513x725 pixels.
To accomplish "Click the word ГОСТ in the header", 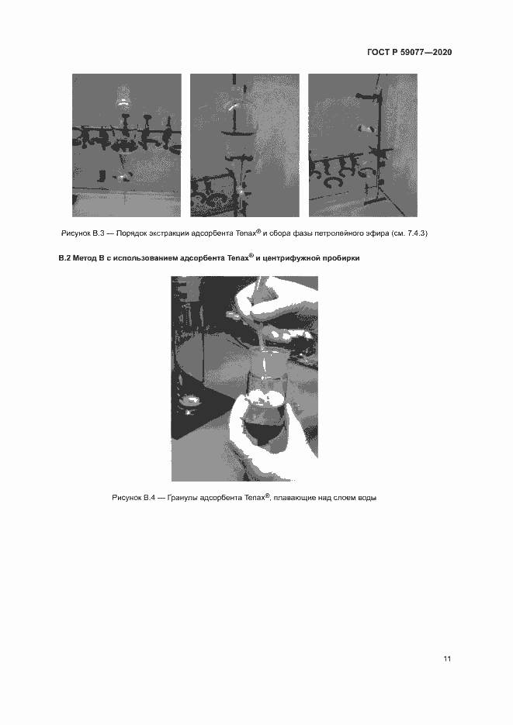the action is [x=379, y=52].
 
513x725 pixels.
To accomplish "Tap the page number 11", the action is [x=447, y=658].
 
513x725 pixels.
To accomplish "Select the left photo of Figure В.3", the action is [x=127, y=145].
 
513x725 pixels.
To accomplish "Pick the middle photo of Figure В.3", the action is [x=244, y=145].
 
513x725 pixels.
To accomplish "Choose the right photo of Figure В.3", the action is [x=362, y=145].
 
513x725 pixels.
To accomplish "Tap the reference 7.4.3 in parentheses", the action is [x=415, y=233].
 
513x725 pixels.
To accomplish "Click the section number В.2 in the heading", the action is [x=64, y=258].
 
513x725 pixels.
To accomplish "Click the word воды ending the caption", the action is [x=367, y=498].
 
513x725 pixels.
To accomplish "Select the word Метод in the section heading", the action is [x=84, y=258].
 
